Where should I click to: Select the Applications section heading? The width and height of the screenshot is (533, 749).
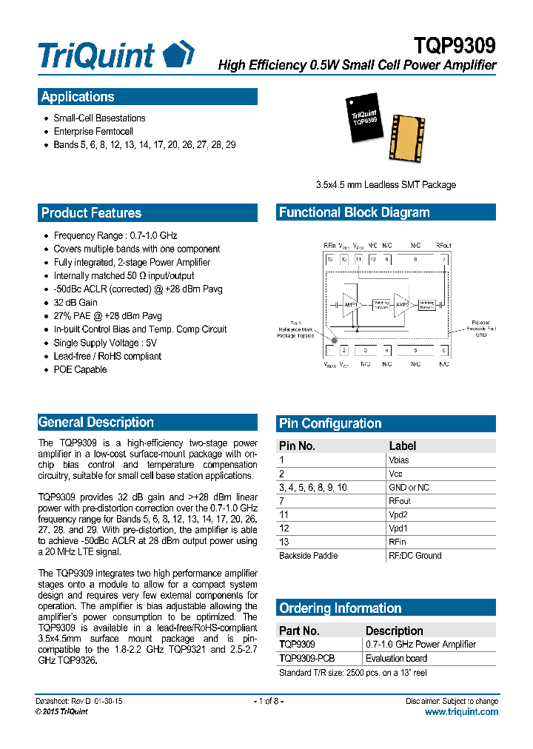point(78,97)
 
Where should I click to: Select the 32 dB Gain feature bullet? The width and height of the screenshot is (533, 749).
point(76,303)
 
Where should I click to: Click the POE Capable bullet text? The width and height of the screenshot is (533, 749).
point(80,369)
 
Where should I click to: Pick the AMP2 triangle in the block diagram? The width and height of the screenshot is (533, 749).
point(402,303)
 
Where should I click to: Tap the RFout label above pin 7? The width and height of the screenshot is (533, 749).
point(443,246)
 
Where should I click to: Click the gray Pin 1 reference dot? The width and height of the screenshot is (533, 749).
point(334,340)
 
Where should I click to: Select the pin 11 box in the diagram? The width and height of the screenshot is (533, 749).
point(358,259)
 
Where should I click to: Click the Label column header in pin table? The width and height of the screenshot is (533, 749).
point(402,446)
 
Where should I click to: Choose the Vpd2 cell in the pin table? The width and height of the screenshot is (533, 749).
point(398,514)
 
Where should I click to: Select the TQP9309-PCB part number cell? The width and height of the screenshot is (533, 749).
point(306,658)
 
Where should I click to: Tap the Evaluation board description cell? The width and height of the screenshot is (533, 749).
point(396,658)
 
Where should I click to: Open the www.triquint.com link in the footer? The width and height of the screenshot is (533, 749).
point(461,711)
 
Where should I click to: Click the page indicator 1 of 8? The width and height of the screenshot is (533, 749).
point(268,701)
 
